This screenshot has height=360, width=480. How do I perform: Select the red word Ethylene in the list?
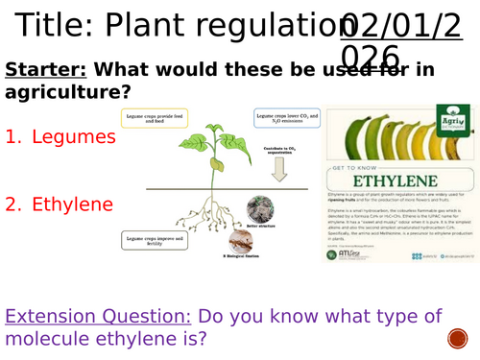pos(73,204)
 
